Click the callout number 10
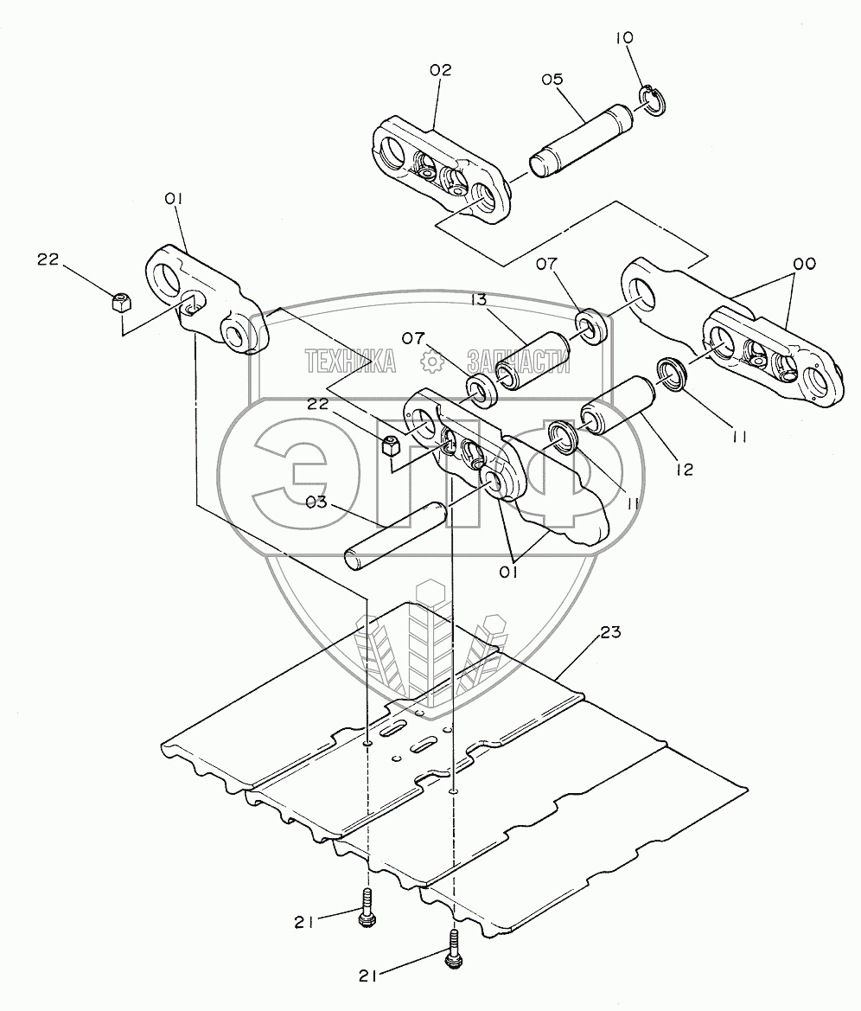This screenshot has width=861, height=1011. tap(624, 38)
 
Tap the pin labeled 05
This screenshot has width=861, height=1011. tap(584, 140)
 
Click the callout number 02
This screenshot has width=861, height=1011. tap(439, 71)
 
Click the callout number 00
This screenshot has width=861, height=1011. tap(805, 263)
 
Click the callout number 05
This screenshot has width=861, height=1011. tap(552, 80)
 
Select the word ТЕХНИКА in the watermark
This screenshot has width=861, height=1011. tap(350, 362)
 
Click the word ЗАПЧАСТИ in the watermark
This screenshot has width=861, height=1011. tap(519, 362)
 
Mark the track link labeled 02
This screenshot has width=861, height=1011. tap(443, 171)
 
